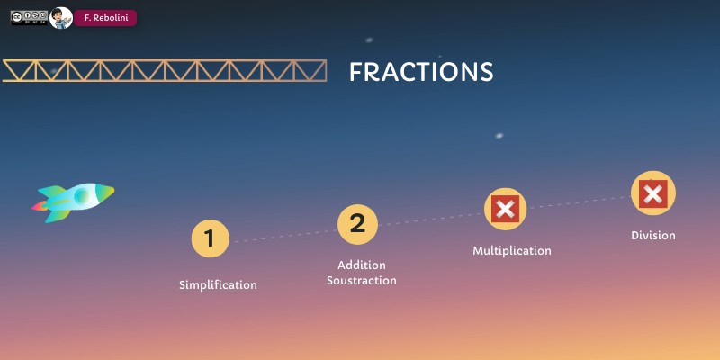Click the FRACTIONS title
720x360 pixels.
pos(421,72)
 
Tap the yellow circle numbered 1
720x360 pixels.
pos(210,238)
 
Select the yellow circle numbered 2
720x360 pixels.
pos(357,224)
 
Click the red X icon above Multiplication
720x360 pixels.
pos(506,209)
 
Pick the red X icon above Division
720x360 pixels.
pos(652,193)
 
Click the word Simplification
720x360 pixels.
pos(218,285)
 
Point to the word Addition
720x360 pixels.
pos(362,265)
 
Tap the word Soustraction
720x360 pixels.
pos(362,281)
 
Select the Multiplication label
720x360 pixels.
pos(512,251)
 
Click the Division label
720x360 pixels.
pos(652,236)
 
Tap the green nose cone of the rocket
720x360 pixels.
pos(106,191)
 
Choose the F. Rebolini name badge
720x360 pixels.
pos(105,18)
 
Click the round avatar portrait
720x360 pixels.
pos(61,18)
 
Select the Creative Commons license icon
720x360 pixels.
pos(29,18)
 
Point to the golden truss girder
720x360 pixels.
pos(165,70)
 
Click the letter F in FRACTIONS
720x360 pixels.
pos(356,72)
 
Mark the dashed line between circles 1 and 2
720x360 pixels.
pos(283,232)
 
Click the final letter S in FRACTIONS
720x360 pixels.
pos(486,72)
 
